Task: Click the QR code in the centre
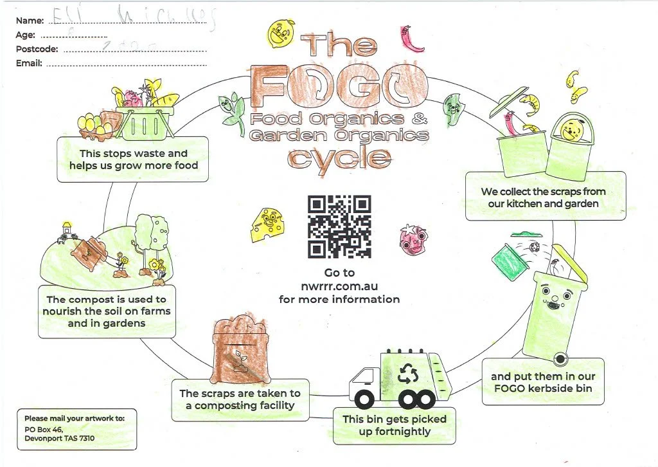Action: [x=340, y=226]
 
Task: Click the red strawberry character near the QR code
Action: [x=412, y=237]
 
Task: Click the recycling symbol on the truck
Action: [x=409, y=372]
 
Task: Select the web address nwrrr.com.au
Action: [x=339, y=286]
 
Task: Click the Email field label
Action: [x=29, y=63]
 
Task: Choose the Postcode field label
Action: [x=37, y=49]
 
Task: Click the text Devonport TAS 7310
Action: [x=60, y=438]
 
